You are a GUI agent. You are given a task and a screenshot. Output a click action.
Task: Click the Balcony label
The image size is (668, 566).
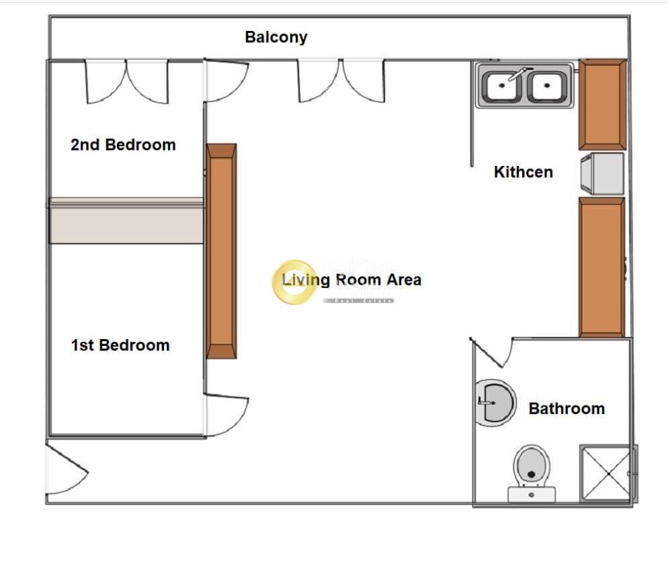(276, 37)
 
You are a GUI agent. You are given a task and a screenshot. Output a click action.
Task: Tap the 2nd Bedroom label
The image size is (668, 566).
(123, 144)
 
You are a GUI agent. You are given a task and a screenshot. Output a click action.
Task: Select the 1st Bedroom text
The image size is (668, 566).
(120, 345)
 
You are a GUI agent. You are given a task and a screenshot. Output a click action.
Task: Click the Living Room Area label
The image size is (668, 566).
(351, 279)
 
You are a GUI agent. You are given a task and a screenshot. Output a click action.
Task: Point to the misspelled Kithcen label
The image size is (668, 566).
(523, 172)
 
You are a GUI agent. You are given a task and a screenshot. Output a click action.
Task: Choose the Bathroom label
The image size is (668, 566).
(567, 408)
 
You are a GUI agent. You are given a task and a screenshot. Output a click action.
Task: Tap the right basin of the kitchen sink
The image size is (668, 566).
(548, 86)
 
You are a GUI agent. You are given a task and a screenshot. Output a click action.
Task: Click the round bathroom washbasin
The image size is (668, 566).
(495, 403)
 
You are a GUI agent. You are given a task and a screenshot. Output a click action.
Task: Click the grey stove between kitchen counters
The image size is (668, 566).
(602, 174)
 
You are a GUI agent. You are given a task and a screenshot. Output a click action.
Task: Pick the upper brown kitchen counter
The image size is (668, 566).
(602, 104)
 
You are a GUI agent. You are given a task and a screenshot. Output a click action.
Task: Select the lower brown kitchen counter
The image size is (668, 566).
(601, 267)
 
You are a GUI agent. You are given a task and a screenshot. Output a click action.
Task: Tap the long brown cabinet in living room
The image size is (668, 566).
(221, 251)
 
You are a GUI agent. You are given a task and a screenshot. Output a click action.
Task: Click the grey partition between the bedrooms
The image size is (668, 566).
(126, 221)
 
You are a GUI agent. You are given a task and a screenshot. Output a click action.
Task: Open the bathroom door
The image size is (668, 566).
(493, 352)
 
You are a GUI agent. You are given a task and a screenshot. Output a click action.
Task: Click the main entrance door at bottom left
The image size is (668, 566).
(66, 468)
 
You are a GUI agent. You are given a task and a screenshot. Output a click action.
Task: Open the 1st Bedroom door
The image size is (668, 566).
(226, 414)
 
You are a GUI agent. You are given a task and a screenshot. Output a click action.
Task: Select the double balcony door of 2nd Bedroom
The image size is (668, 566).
(126, 81)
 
